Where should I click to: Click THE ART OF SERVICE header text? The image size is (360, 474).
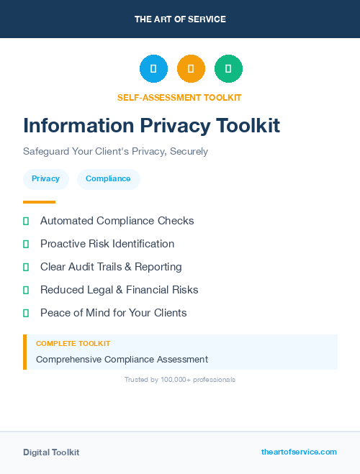[180, 19]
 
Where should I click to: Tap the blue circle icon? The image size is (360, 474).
[153, 69]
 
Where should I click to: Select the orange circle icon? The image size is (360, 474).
[191, 69]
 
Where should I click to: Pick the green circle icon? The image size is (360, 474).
[228, 69]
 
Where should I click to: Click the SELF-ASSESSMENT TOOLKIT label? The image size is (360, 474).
[179, 97]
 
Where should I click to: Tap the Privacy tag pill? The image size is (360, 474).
[46, 179]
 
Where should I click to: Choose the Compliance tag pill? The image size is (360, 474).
[108, 179]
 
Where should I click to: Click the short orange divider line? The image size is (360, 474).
[39, 202]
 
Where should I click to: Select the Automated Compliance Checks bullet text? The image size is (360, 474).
[117, 221]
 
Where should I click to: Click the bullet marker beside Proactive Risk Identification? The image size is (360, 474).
[26, 244]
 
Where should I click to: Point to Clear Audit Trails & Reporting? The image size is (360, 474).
[111, 267]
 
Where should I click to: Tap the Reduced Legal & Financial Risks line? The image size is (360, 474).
[119, 290]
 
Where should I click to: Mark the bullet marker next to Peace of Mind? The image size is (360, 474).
[26, 313]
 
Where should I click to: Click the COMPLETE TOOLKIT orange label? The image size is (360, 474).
[73, 344]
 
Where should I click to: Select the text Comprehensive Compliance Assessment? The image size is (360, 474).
[122, 359]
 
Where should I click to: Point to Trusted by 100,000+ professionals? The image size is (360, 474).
[180, 379]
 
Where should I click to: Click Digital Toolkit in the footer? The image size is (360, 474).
[51, 452]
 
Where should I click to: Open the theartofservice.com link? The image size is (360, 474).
[299, 452]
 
